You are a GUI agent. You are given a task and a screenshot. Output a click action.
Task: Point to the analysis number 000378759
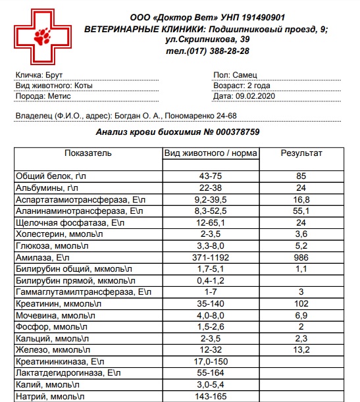point(232,132)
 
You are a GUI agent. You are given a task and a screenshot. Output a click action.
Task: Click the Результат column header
point(301,153)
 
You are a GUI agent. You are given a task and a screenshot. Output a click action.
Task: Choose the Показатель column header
point(88,153)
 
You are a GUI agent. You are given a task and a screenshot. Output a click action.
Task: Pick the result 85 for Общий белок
point(301,176)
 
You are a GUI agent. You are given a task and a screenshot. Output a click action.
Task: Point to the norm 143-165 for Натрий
point(211,397)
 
